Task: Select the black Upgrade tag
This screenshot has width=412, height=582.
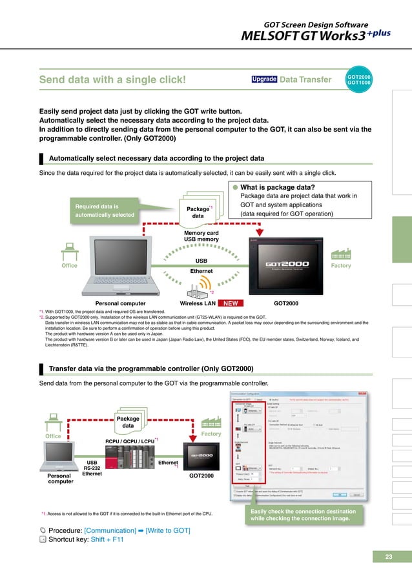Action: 264,80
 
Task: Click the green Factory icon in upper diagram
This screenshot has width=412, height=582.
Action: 340,252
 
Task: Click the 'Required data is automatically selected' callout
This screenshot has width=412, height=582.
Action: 105,210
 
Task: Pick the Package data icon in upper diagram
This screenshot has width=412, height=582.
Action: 198,211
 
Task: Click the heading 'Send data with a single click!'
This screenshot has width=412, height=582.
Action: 113,81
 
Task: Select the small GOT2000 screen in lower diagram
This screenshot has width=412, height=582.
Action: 200,457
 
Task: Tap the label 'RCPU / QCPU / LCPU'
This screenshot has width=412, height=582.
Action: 129,441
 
